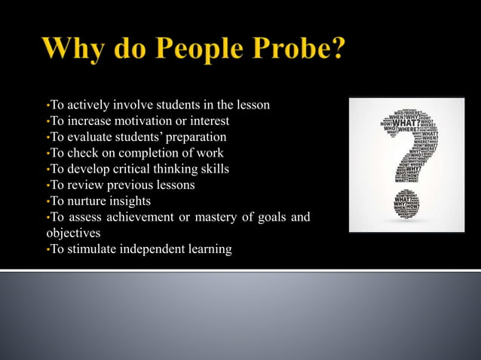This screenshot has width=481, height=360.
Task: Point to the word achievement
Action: pos(134,217)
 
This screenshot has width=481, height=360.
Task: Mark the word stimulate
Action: pos(90,249)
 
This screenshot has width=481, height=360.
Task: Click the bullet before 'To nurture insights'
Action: pos(47,202)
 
